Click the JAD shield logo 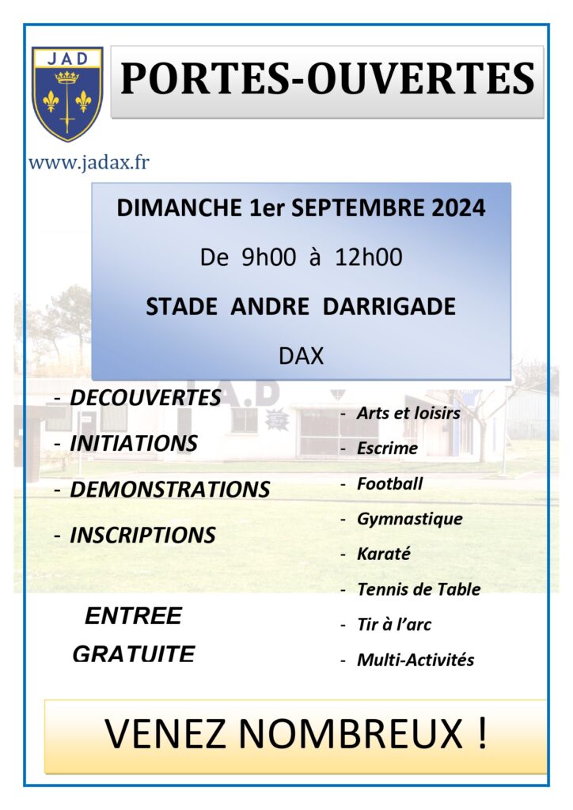tap(67, 94)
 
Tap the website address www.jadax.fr tap(89, 163)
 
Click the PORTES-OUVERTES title tap(328, 79)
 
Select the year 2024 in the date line tap(458, 208)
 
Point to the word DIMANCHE tap(180, 208)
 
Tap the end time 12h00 tap(368, 257)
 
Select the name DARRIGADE tap(389, 306)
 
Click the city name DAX tap(302, 356)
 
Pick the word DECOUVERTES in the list tap(146, 398)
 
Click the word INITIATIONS tap(134, 443)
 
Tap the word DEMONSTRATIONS tap(170, 489)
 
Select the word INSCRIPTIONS tap(143, 536)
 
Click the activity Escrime tap(388, 448)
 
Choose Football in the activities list tap(390, 483)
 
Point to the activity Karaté tap(384, 554)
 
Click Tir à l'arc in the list tap(394, 625)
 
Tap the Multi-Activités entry tap(416, 660)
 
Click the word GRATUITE tap(134, 654)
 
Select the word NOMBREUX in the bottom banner tap(351, 733)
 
